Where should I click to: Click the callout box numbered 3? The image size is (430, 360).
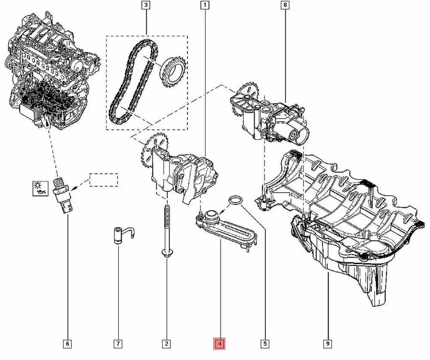[x=146, y=5]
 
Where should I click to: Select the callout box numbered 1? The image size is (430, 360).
[x=205, y=5]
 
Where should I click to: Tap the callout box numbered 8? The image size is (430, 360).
[x=285, y=5]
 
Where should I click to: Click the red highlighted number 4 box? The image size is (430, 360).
[x=219, y=344]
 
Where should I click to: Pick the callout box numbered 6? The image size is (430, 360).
[x=68, y=344]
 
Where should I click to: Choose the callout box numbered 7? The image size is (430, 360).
[x=118, y=344]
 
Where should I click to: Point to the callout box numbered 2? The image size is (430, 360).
[x=166, y=344]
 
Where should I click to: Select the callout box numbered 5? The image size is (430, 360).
[x=264, y=344]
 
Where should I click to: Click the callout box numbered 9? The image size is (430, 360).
[x=328, y=344]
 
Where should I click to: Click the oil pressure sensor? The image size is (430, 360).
[x=63, y=195]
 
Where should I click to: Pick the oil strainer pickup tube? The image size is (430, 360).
[x=227, y=228]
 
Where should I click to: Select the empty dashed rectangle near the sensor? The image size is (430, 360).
[x=104, y=180]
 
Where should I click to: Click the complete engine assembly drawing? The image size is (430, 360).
[x=52, y=70]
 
